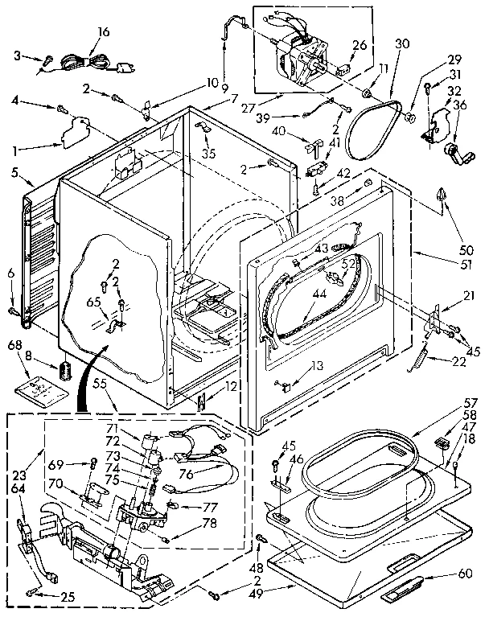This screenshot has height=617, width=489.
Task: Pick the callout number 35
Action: point(209,153)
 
